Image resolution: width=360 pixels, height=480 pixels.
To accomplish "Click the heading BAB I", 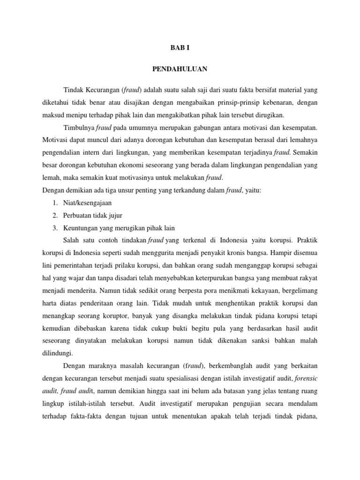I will tap(180, 48).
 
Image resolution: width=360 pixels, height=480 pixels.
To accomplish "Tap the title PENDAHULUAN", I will tap(180, 69).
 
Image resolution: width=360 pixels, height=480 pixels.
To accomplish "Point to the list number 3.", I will tap(55, 228).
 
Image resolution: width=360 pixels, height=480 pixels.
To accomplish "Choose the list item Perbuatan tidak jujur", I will tap(93, 216).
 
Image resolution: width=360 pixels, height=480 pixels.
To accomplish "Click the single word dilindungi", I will tap(58, 355).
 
